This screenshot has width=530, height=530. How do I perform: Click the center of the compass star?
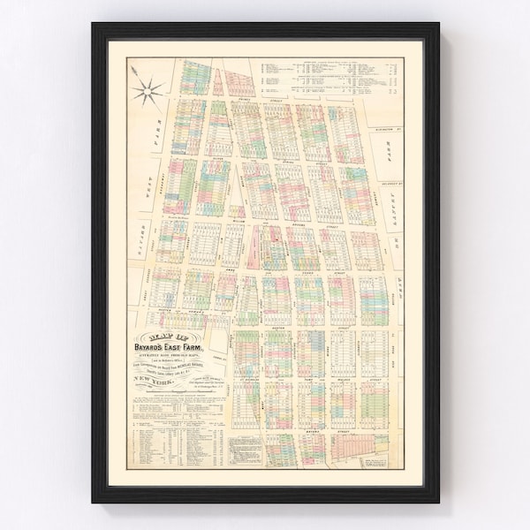(148, 89)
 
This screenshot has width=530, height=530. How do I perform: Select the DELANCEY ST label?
(389, 186)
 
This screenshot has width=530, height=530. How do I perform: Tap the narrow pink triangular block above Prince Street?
(232, 83)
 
